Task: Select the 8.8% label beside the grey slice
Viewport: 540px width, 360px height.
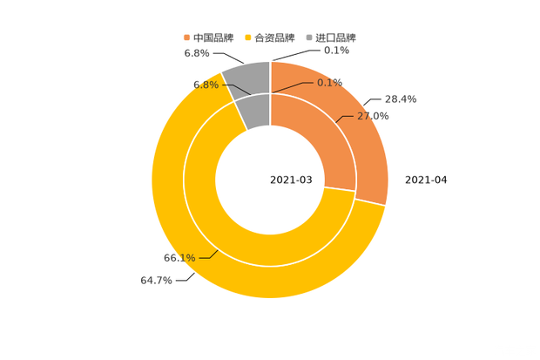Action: click(x=206, y=85)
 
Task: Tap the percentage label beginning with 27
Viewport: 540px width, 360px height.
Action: click(x=374, y=116)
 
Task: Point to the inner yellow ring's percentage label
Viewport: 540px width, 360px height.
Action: click(x=179, y=257)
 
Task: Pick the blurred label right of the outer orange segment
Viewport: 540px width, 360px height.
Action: click(x=401, y=99)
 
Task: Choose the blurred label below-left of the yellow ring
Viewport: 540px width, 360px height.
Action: click(x=156, y=281)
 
